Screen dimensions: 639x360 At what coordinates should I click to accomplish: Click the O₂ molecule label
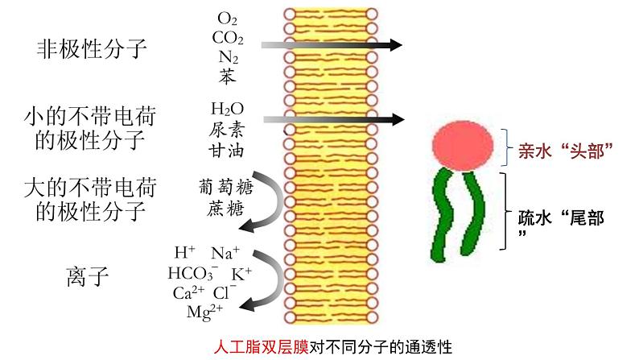coord(228,18)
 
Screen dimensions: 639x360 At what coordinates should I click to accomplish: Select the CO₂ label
coord(228,37)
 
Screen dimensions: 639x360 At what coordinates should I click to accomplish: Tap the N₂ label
coord(228,57)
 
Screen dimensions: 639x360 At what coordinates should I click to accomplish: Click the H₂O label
coord(227,109)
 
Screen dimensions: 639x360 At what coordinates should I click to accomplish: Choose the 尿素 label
coord(227,130)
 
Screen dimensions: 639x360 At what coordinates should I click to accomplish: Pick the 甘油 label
coord(227,150)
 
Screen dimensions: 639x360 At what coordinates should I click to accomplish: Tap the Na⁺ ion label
coord(226,253)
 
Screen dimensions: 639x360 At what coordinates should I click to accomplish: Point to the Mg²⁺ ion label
coord(204,312)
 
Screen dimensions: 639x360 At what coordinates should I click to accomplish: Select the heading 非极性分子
coord(93,49)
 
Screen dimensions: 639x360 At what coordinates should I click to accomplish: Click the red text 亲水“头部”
coord(566,151)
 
